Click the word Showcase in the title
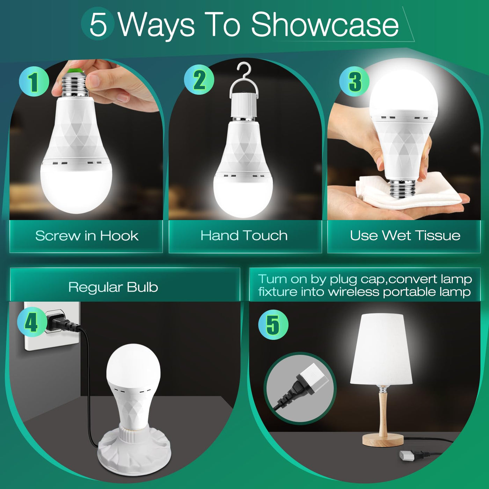324,25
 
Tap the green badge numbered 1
34,81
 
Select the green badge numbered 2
199,79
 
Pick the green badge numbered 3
354,81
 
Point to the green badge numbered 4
32,322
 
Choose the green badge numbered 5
273,324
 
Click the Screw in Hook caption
87,236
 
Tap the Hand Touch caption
244,235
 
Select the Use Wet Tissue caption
405,235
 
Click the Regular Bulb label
113,287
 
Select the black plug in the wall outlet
63,321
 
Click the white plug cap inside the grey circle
314,378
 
